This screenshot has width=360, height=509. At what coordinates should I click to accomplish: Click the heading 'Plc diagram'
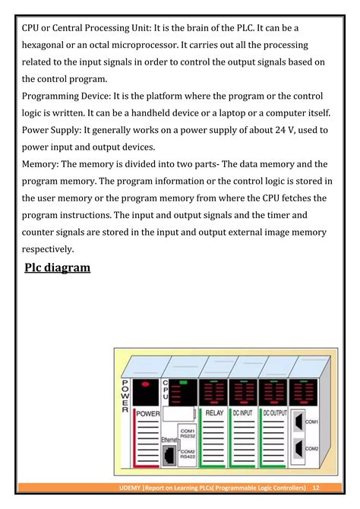point(52,267)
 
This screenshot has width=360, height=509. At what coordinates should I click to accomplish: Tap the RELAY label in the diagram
point(213,413)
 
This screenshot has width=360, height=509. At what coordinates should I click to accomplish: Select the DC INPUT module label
point(243,413)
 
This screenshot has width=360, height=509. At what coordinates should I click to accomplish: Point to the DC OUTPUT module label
point(274,413)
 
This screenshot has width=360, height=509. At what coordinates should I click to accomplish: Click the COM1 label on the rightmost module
point(311,420)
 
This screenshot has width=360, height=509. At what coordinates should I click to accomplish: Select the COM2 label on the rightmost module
point(311,449)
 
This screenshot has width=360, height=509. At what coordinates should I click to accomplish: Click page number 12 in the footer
point(316,487)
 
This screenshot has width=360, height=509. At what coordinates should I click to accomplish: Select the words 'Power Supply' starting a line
point(52,130)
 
